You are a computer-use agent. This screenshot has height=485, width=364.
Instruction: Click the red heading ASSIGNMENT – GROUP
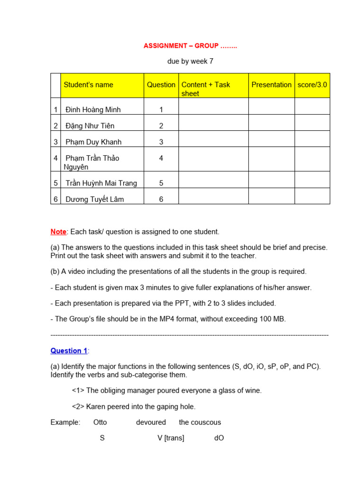[x=190, y=46]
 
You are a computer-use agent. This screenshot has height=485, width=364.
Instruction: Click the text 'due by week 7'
[x=190, y=61]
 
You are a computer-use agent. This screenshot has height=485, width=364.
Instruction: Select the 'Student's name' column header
[x=89, y=85]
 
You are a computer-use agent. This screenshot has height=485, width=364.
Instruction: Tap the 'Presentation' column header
[x=271, y=85]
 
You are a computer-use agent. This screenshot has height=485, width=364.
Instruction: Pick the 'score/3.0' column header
[x=312, y=85]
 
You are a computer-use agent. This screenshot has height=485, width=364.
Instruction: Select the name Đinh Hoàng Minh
[x=93, y=110]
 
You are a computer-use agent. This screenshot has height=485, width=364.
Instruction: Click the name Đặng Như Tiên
[x=90, y=126]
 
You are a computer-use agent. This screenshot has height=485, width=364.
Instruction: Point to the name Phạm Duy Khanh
[x=93, y=142]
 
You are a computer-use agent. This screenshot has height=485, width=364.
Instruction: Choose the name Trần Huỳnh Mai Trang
[x=101, y=183]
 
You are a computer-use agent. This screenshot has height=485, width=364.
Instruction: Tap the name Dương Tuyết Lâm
[x=94, y=199]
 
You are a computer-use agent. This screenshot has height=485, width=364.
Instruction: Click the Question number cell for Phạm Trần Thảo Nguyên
[x=161, y=158]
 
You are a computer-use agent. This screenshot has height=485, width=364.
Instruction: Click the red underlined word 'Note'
[x=58, y=232]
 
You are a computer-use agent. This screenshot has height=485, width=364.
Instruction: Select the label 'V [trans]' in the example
[x=171, y=438]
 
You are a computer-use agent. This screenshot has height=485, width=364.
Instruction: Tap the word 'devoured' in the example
[x=151, y=422]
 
